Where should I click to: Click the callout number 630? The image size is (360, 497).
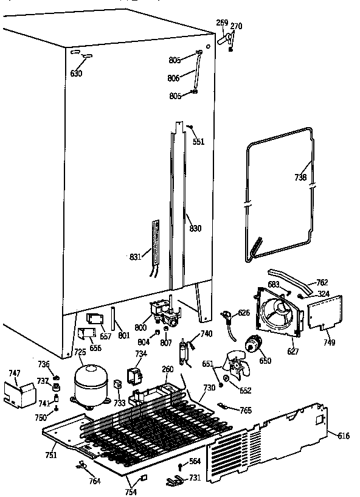[x=76, y=74]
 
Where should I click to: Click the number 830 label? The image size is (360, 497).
[x=195, y=228]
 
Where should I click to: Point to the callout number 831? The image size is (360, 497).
[x=134, y=257]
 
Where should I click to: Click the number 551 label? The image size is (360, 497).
[x=198, y=142]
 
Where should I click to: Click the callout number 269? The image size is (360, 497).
[x=222, y=23]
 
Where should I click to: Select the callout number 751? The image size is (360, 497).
[x=50, y=455]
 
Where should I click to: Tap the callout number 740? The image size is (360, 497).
[x=206, y=333]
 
